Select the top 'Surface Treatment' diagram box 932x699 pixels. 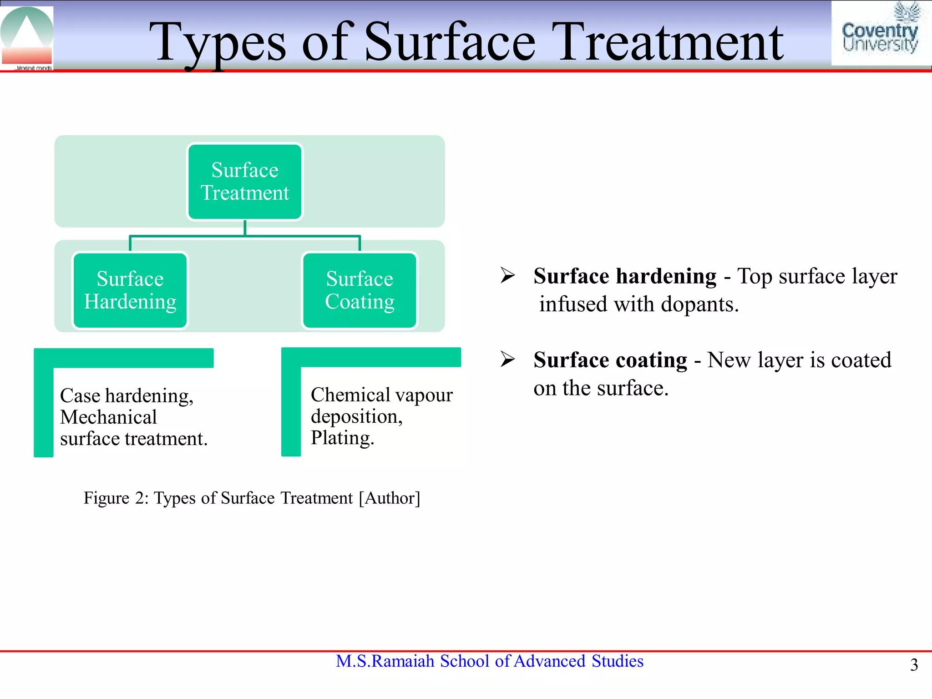[245, 182]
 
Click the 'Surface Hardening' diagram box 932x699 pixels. [130, 290]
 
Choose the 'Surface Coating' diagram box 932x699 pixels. [360, 290]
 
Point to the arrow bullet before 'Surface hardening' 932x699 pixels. [507, 275]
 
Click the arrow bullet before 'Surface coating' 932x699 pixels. [507, 359]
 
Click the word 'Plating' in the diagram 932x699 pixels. [341, 438]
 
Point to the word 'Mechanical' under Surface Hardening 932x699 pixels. [108, 417]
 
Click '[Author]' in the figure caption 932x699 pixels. [390, 498]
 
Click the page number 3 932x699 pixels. [914, 665]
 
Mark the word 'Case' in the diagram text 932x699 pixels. [80, 395]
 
